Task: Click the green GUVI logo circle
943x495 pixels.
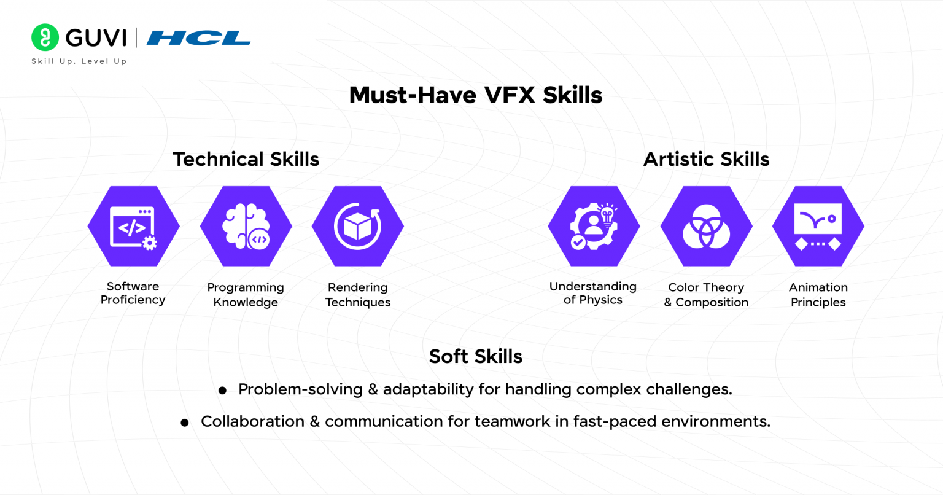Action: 45,37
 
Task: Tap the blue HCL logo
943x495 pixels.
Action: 198,38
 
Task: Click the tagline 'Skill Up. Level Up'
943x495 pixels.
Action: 79,61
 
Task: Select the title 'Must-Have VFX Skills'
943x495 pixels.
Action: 476,95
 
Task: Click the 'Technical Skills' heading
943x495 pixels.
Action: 246,159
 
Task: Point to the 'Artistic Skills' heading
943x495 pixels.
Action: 706,159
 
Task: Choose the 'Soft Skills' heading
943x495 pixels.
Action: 476,356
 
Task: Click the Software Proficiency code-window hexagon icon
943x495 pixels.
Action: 133,227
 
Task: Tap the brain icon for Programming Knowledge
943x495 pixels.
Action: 246,227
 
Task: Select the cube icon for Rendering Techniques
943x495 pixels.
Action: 358,227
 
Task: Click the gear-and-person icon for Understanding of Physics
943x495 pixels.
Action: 594,227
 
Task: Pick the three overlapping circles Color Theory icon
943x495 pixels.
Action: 706,227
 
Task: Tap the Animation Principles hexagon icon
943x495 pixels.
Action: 818,227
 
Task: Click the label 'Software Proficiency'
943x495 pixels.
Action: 133,293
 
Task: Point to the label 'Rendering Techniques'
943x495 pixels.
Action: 358,295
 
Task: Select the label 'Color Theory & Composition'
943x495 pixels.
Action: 706,295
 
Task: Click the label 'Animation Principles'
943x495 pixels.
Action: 818,295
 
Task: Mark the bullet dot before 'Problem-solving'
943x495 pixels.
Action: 222,391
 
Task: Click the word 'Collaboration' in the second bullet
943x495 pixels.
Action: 252,421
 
